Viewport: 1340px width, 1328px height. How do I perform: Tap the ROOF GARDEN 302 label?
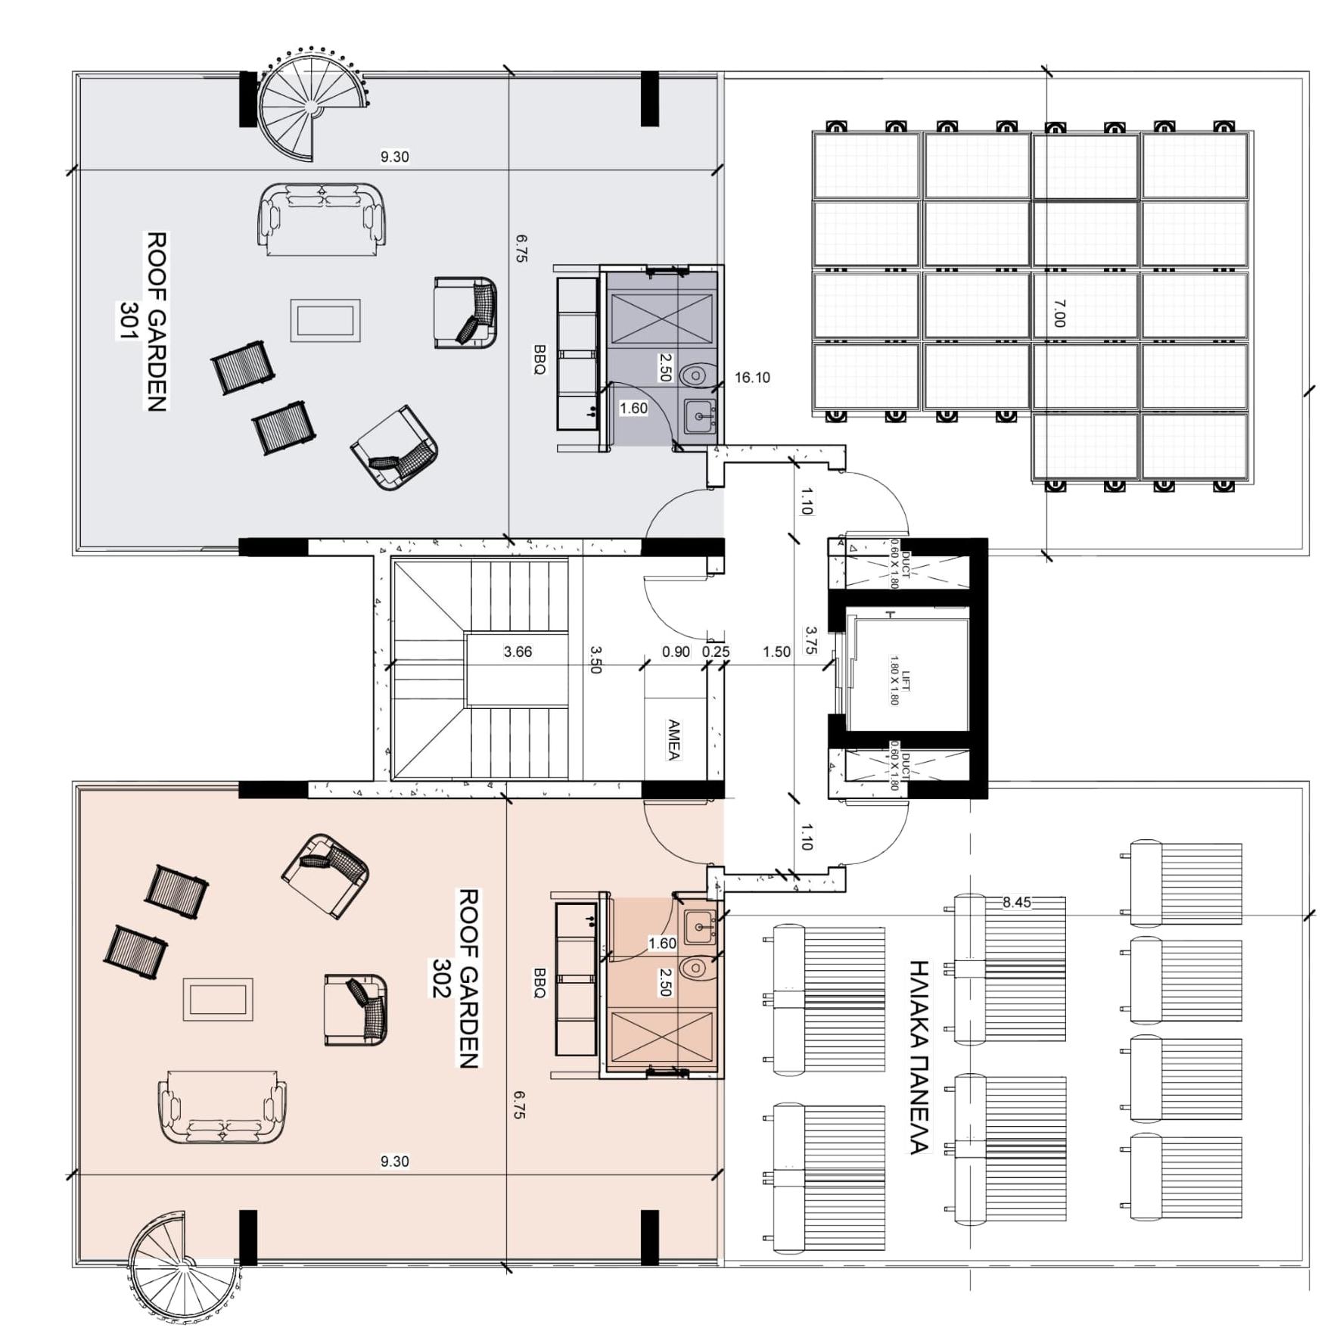click(458, 978)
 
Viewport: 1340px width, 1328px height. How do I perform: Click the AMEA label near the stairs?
click(673, 739)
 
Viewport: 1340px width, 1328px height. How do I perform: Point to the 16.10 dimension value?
click(752, 378)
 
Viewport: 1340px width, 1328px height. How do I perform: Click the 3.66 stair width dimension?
click(518, 652)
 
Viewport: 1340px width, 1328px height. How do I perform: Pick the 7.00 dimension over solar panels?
click(1059, 313)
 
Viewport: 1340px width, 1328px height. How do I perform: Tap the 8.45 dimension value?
click(1016, 902)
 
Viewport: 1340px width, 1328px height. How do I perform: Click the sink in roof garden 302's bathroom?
click(699, 926)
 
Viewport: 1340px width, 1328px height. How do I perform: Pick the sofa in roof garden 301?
click(322, 216)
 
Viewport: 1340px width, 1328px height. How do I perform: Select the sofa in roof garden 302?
click(222, 1106)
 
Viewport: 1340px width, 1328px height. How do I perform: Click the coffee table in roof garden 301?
click(325, 320)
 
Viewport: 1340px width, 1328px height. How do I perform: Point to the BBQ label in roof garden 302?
click(539, 982)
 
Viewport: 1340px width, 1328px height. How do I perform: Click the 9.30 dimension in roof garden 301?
click(394, 157)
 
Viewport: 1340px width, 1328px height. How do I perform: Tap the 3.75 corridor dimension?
click(810, 639)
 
